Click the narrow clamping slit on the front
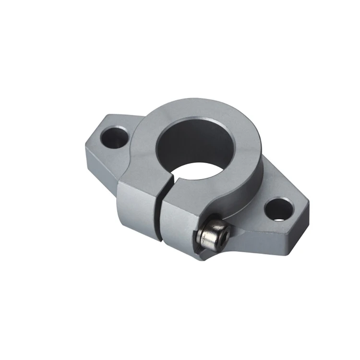pos(158,211)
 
